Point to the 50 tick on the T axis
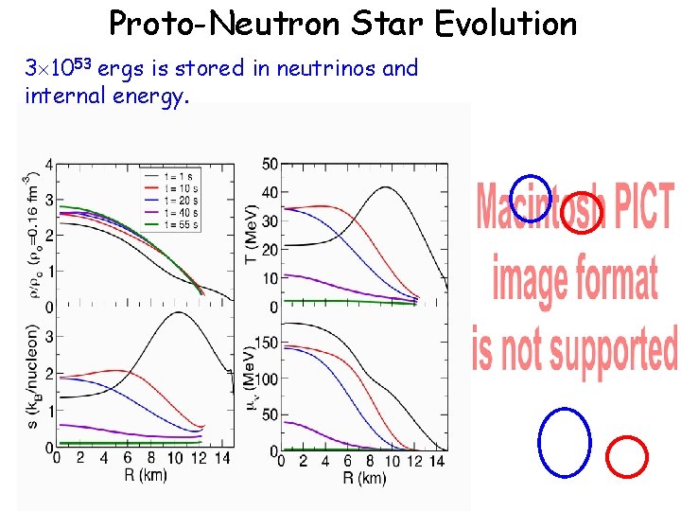(270, 165)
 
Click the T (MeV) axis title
(252, 235)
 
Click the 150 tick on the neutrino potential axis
(266, 343)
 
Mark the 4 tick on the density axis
(48, 167)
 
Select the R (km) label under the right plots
(364, 478)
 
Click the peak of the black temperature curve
(385, 187)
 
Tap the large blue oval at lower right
(564, 441)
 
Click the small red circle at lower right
(625, 456)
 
